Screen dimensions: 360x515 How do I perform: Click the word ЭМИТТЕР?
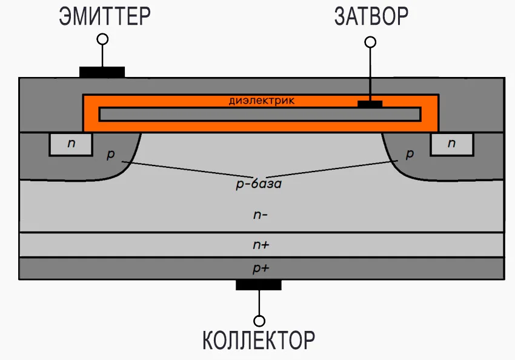tap(105, 16)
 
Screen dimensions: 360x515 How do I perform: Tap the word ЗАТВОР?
tap(371, 16)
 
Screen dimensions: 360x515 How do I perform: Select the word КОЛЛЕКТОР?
tap(259, 340)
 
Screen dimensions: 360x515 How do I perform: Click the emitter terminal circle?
tap(102, 39)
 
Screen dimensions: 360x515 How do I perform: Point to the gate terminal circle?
tap(370, 42)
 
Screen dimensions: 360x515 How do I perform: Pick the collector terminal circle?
tap(259, 320)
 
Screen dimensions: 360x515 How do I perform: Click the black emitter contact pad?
tap(102, 72)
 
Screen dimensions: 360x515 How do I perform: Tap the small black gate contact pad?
tap(370, 104)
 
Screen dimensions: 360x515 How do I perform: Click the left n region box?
tap(71, 144)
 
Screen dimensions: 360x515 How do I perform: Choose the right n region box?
tap(451, 144)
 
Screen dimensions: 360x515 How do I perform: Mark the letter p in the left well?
tap(110, 155)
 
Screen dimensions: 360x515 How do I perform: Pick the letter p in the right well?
tap(409, 155)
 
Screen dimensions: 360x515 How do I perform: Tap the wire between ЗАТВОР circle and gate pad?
tap(370, 73)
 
